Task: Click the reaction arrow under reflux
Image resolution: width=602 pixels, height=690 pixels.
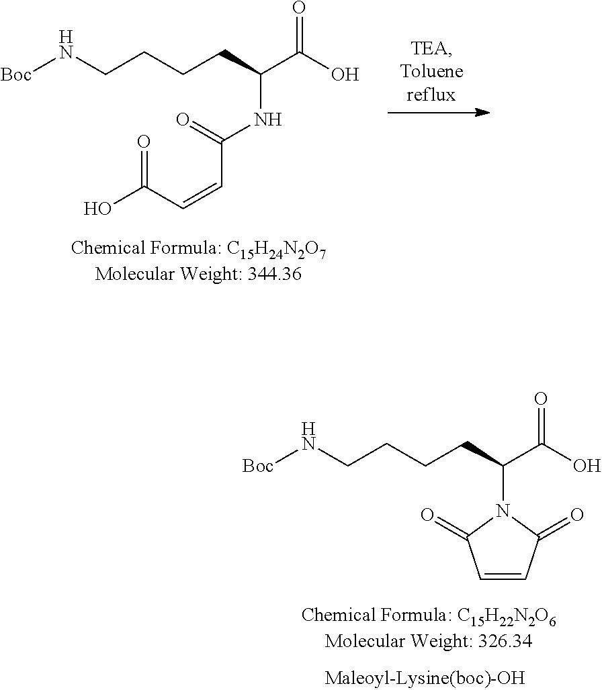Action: [x=439, y=113]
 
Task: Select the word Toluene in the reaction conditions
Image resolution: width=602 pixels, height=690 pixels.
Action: [x=431, y=71]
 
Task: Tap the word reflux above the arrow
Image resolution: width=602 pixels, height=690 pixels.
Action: [x=431, y=95]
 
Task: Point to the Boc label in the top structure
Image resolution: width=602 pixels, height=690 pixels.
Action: [x=16, y=75]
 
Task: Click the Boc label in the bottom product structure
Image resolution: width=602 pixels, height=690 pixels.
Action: [x=258, y=466]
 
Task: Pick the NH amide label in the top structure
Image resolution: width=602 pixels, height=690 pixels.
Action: [x=268, y=119]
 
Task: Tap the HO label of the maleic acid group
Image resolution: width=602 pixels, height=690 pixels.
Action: [x=98, y=209]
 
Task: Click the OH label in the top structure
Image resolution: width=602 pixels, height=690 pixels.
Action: [x=345, y=75]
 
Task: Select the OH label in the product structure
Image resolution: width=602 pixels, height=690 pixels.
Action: [x=587, y=466]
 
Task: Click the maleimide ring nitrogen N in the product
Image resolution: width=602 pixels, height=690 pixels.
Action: [x=503, y=511]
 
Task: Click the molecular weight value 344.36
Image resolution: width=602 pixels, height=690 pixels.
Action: [x=275, y=274]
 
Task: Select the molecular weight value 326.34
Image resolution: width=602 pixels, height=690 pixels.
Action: [x=505, y=641]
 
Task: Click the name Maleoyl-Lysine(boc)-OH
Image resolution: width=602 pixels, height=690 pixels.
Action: [x=425, y=678]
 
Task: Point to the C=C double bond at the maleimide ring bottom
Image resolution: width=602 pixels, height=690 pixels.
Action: [x=503, y=577]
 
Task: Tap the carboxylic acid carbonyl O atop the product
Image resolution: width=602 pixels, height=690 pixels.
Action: [x=540, y=399]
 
